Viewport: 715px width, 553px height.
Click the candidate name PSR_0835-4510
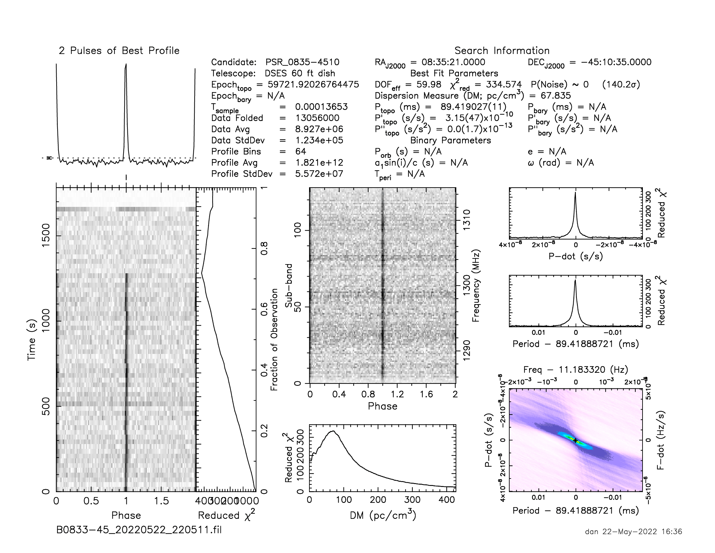[302, 62]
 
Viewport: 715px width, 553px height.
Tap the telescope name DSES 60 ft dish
[300, 74]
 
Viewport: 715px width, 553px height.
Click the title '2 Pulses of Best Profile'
[119, 51]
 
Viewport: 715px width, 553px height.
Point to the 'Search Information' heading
[502, 51]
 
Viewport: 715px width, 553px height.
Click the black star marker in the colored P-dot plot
[575, 441]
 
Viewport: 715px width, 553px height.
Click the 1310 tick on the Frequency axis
[466, 220]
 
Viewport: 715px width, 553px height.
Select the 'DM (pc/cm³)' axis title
[383, 515]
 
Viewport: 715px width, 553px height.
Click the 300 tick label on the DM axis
[412, 500]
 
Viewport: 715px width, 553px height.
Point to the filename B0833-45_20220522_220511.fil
[139, 530]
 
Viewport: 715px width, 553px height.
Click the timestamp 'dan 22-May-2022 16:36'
[633, 532]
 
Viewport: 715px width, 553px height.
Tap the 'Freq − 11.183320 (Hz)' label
[576, 370]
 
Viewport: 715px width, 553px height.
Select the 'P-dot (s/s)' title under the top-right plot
[576, 256]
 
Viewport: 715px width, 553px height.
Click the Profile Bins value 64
[301, 151]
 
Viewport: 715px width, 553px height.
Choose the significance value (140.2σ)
[621, 85]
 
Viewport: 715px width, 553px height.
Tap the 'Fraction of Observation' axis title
[274, 339]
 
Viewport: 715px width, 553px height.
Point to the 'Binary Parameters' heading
[450, 140]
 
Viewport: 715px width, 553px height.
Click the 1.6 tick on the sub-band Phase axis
[426, 394]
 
